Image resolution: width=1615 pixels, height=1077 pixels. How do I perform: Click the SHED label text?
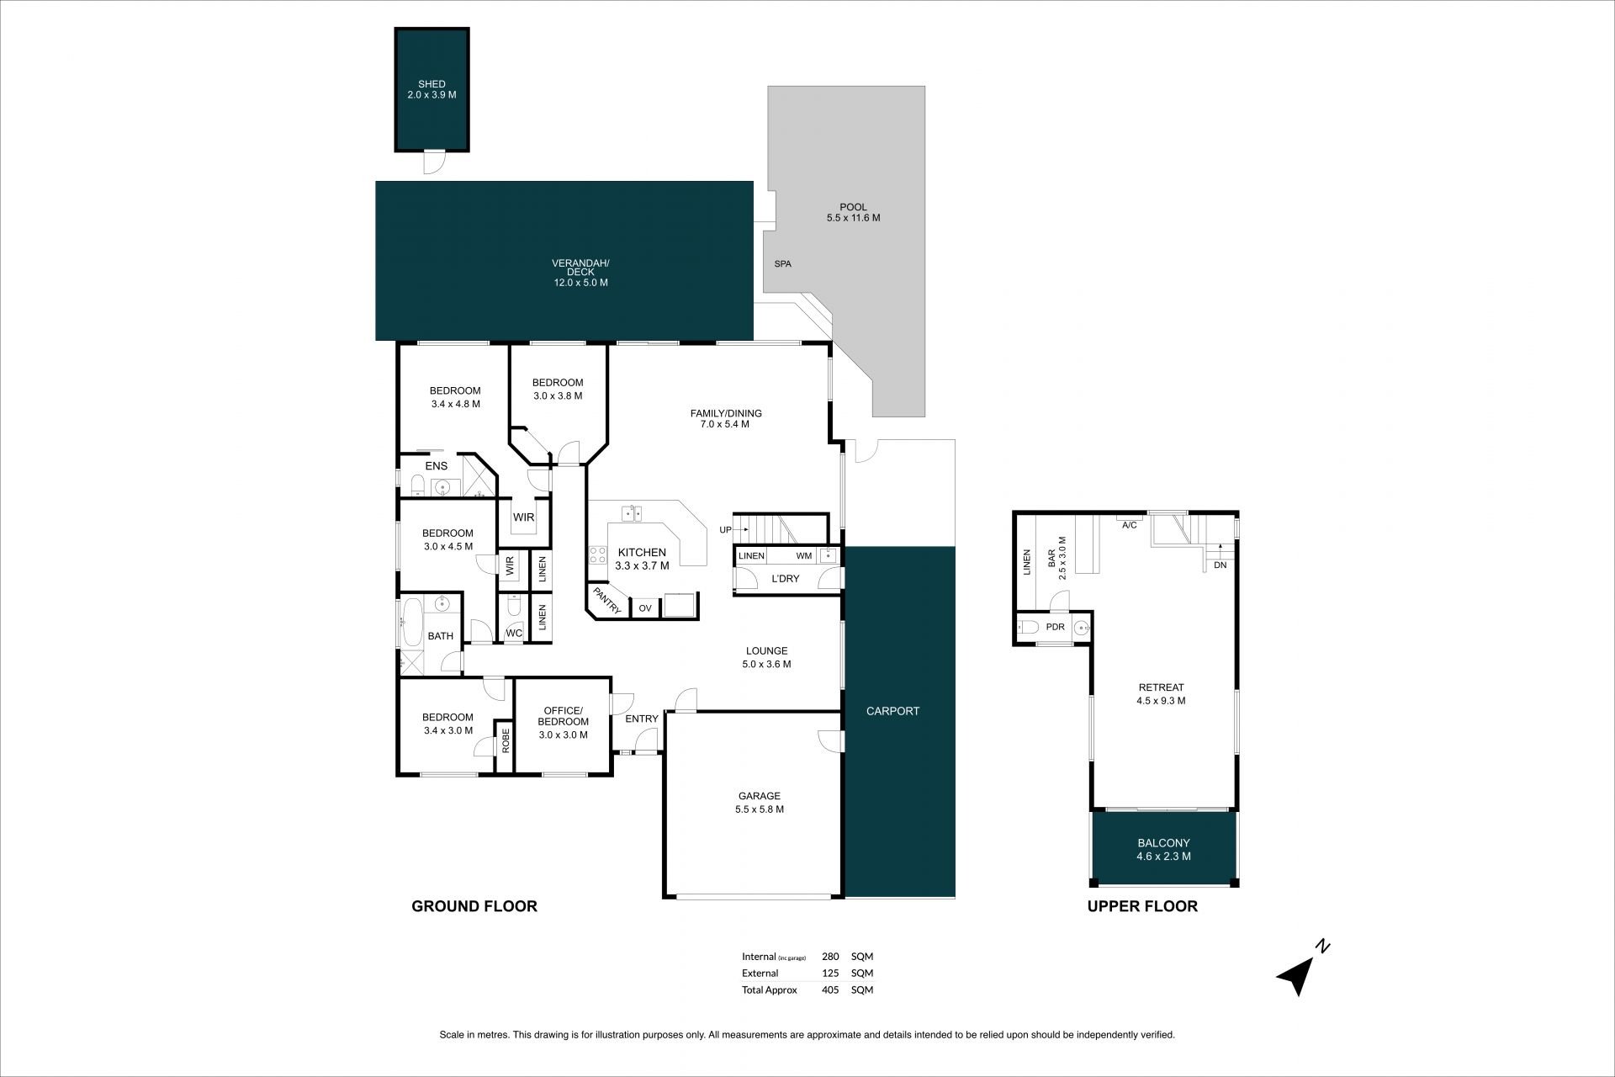pos(432,84)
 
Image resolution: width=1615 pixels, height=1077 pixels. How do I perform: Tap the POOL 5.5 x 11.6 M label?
pos(853,213)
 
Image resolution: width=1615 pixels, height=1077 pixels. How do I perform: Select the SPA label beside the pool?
pos(782,264)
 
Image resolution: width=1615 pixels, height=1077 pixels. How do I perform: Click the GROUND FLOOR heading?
pos(474,906)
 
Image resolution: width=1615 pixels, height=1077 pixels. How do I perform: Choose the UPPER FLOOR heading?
pos(1142,906)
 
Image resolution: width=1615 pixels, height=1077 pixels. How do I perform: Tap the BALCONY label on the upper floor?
pos(1163,843)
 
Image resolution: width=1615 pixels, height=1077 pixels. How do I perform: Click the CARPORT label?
pos(892,711)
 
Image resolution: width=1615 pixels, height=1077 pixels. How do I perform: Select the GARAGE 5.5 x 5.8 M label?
pos(760,803)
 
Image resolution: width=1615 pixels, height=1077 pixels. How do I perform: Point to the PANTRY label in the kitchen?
pos(606,601)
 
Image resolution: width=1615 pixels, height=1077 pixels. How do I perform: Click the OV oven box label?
pos(645,608)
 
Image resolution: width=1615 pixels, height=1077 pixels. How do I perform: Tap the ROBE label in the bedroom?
pos(506,741)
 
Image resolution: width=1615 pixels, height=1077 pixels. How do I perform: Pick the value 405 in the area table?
pos(829,989)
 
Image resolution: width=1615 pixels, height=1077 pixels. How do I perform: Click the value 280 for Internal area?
pos(829,957)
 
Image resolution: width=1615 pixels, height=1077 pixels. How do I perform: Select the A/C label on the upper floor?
pos(1130,525)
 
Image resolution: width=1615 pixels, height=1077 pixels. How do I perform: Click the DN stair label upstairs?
pos(1220,565)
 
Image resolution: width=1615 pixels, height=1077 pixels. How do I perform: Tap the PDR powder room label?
pos(1055,627)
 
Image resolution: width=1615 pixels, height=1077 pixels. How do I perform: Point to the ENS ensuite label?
pos(437,466)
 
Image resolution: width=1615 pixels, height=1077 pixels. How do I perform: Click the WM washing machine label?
pos(804,556)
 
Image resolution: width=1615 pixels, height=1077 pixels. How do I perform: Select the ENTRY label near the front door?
pos(642,719)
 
